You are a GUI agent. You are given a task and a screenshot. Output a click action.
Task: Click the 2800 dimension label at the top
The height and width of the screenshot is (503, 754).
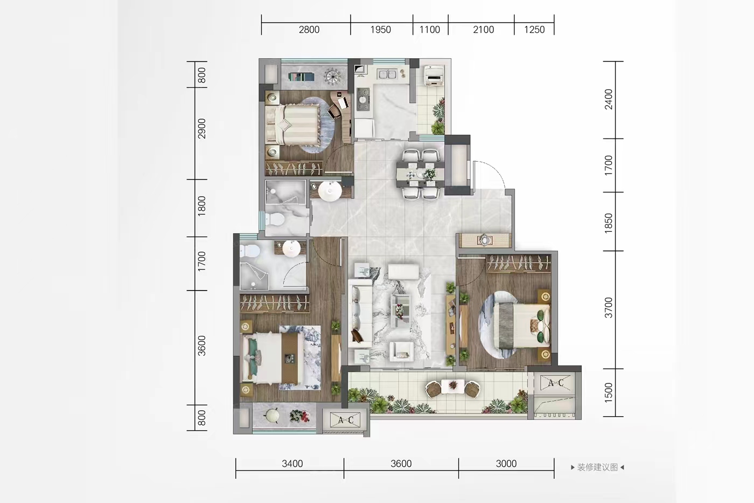[x=309, y=30]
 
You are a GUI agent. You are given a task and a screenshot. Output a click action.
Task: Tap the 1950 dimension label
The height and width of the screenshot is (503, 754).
[x=380, y=30]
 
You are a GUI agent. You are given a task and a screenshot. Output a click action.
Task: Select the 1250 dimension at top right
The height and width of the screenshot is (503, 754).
[x=534, y=30]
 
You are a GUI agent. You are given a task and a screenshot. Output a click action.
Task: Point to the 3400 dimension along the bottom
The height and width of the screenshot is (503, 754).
[x=292, y=464]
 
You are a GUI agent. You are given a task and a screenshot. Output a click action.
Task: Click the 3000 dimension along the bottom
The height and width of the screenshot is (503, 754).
[x=506, y=464]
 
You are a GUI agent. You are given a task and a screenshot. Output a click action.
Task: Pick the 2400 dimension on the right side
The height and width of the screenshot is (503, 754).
[x=609, y=99]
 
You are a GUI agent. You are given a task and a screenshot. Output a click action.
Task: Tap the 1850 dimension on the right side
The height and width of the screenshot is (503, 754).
[x=609, y=223]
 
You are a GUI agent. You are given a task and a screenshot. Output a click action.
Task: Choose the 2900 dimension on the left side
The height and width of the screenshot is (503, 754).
[x=201, y=128]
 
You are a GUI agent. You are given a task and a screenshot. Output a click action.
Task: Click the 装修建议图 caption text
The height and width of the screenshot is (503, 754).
[x=597, y=467]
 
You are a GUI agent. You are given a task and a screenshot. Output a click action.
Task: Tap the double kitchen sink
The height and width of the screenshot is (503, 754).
[x=387, y=74]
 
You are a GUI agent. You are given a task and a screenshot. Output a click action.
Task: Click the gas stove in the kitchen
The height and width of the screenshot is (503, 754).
[x=363, y=99]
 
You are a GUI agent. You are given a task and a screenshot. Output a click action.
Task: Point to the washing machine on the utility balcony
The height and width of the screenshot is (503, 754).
[x=434, y=75]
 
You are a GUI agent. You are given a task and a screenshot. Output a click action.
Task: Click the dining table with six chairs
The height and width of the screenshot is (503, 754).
[x=421, y=174]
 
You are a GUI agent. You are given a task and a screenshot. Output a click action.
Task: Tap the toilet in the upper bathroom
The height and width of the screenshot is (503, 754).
[x=275, y=219]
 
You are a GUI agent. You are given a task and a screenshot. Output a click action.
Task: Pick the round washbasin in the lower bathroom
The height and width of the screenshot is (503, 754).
[x=291, y=249]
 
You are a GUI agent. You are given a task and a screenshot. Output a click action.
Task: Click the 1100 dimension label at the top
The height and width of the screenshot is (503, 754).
[x=430, y=30]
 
